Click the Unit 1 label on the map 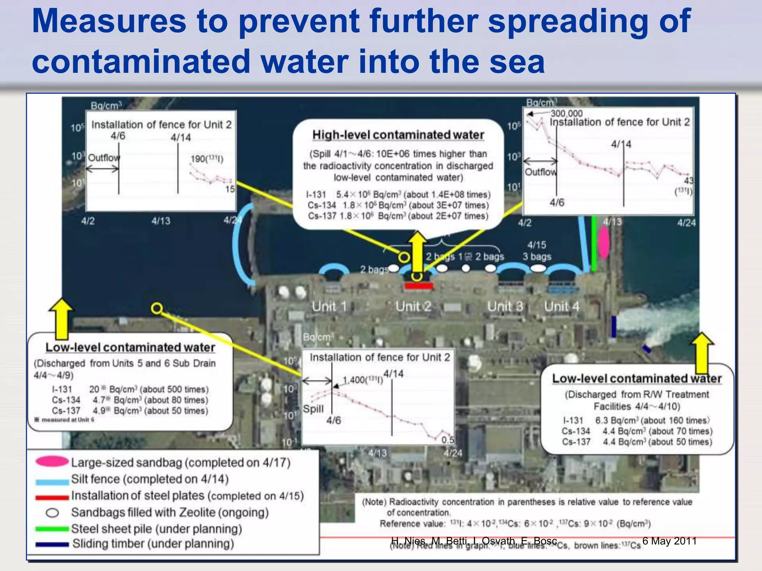tap(329, 307)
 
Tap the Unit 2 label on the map tap(413, 307)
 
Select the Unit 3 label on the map tap(505, 307)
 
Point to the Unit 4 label tap(561, 307)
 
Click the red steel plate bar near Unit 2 tap(419, 285)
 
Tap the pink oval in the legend tap(52, 462)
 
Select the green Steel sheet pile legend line tap(52, 529)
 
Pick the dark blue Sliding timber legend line tap(52, 544)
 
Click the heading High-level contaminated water tap(398, 135)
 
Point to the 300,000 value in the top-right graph tap(566, 113)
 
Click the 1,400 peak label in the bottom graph tap(362, 380)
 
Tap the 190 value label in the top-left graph tap(207, 159)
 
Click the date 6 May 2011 tap(669, 541)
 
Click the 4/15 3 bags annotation tap(537, 251)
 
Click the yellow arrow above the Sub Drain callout tap(61, 319)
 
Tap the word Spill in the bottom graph tap(313, 409)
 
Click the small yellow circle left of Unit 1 tap(157, 309)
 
